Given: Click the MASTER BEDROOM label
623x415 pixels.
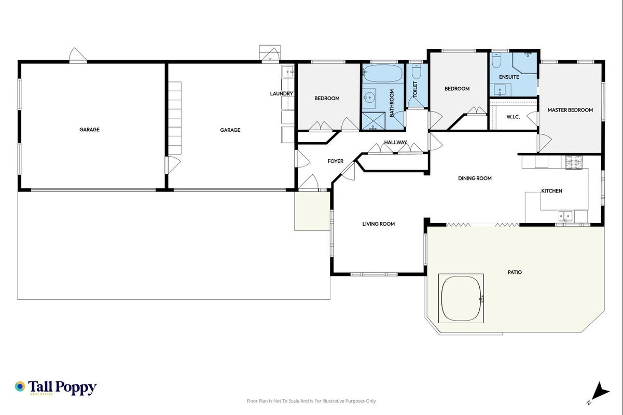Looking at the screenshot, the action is [570, 110].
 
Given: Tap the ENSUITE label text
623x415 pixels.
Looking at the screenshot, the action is [509, 77].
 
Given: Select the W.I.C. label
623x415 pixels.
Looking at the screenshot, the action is [513, 117].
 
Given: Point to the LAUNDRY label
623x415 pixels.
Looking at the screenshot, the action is [282, 94].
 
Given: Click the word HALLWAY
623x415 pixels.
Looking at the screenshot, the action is [395, 143].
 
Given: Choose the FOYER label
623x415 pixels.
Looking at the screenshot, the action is [336, 161].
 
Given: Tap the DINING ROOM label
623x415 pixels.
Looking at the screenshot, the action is [475, 178].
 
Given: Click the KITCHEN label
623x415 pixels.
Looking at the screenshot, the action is [551, 191].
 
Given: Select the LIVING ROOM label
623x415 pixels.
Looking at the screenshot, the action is [379, 224].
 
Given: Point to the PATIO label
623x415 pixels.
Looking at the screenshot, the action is [515, 272].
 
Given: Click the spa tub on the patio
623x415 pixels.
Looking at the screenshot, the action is [461, 298].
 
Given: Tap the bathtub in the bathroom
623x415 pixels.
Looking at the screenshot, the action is [383, 74].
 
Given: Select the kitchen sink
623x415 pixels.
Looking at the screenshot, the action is [565, 216].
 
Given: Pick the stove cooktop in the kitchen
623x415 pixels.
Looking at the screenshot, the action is [574, 162].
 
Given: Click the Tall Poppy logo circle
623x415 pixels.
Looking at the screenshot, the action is [20, 386].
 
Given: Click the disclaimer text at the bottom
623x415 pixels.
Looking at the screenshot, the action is [311, 401].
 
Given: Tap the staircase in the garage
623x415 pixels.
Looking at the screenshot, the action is [175, 118].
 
